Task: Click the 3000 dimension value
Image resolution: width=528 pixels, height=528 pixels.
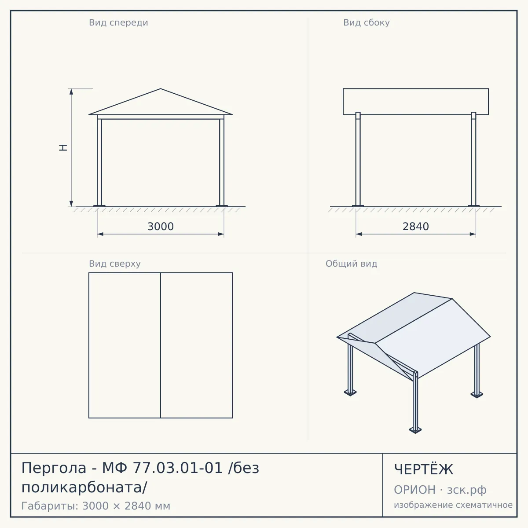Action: [161, 227]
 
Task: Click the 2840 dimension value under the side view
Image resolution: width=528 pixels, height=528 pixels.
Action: [416, 227]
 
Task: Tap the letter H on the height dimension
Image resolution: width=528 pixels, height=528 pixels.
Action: [63, 147]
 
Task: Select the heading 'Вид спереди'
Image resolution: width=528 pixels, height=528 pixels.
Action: [118, 23]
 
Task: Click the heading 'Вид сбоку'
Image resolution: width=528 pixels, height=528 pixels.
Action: [367, 23]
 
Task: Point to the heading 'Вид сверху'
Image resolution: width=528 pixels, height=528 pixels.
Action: [115, 264]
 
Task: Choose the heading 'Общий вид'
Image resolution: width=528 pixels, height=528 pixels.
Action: [351, 264]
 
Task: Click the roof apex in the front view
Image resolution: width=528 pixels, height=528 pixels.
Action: [161, 88]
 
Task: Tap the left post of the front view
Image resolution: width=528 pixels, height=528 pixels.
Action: [99, 161]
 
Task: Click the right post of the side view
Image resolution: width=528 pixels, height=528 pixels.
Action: [473, 159]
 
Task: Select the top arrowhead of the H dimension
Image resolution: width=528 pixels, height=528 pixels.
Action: [71, 92]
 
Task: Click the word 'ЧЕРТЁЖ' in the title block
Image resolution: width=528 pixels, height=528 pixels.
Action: [424, 469]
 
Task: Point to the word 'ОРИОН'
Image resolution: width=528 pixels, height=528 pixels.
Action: [414, 490]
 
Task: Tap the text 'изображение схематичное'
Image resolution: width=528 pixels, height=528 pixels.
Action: [453, 505]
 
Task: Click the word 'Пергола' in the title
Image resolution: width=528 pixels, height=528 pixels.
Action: [54, 468]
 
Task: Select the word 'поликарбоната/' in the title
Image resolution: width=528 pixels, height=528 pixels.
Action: [84, 488]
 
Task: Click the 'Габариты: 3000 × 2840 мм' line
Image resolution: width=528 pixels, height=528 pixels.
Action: [96, 506]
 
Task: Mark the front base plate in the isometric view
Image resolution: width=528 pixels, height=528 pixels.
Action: [415, 430]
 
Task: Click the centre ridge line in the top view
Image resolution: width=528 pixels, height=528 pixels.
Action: [161, 345]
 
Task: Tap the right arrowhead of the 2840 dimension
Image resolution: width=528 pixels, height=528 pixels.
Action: [473, 234]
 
